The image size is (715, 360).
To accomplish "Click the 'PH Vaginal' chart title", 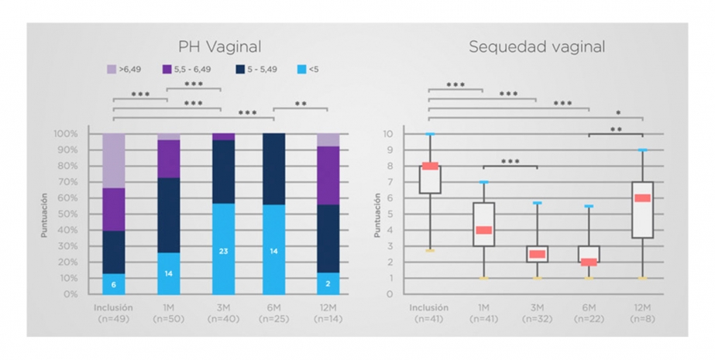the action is (220, 46).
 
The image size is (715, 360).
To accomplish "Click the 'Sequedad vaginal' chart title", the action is (537, 46).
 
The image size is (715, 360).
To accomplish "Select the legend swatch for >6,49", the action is (112, 69).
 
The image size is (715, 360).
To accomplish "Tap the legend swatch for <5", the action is (301, 69).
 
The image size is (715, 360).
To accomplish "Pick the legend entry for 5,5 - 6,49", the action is (187, 69).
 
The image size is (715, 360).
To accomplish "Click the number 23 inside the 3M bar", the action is (223, 251).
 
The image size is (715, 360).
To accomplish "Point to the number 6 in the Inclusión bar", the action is (114, 285).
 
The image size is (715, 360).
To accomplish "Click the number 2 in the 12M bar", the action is (328, 284).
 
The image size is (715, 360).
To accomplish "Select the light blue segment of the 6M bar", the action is (273, 249).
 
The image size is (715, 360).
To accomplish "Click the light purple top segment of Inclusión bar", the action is (114, 160).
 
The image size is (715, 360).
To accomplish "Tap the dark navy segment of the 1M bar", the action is (169, 215).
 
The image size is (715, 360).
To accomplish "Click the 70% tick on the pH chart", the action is (66, 182).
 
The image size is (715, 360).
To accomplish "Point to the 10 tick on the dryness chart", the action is (388, 134).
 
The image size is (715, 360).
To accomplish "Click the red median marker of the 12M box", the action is (642, 197).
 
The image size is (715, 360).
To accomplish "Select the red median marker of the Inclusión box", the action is (430, 166).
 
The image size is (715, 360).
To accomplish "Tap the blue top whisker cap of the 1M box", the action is (484, 182).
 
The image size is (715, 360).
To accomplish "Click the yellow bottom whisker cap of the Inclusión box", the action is (430, 251).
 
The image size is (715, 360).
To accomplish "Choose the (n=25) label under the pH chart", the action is (273, 319).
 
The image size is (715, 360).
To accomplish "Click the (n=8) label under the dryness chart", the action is (642, 319).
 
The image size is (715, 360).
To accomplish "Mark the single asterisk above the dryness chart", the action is (618, 112).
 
